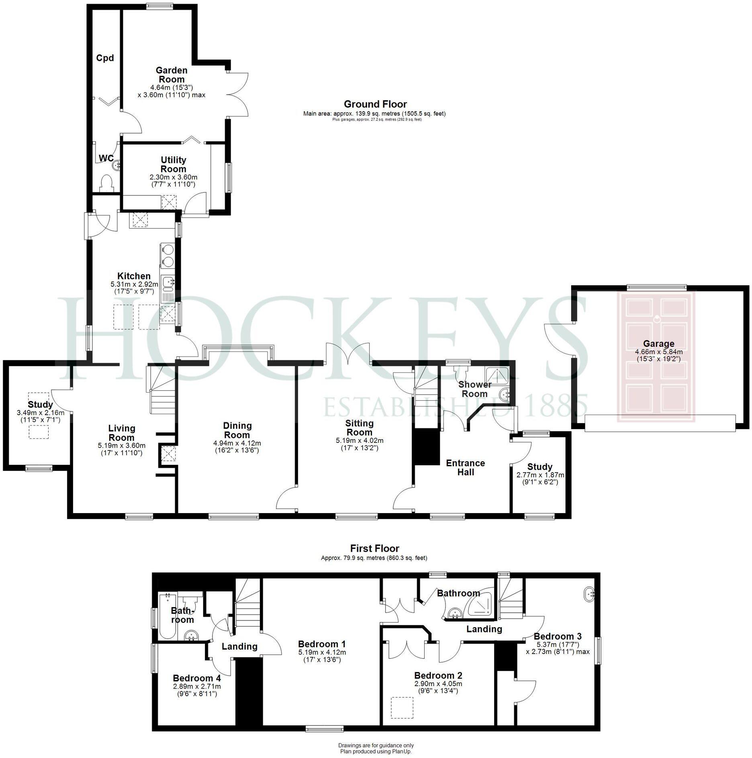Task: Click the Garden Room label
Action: click(172, 75)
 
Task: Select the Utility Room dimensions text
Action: click(173, 181)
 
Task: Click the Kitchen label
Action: click(134, 276)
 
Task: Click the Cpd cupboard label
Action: click(105, 58)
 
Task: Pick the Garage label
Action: click(658, 344)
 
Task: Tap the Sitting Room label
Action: click(359, 428)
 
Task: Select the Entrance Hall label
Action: click(466, 467)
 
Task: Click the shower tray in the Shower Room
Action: click(498, 375)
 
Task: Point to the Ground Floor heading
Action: click(375, 104)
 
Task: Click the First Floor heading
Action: click(374, 548)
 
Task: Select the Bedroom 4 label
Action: click(197, 678)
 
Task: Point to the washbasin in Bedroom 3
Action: click(589, 593)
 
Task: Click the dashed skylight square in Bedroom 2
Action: click(402, 708)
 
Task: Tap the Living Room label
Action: click(122, 433)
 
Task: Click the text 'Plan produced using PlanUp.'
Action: click(376, 751)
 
